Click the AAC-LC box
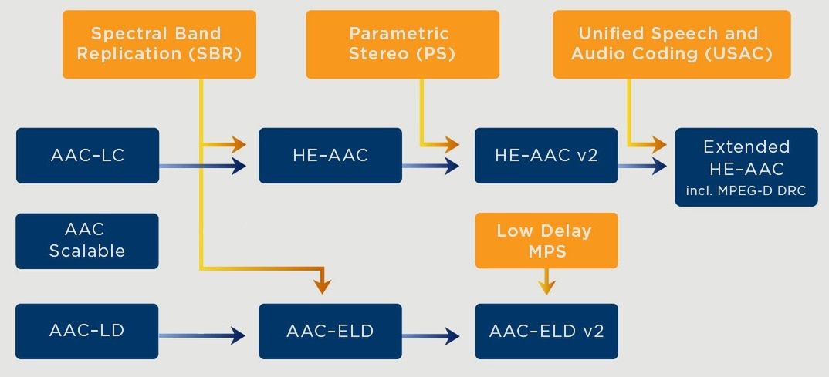click(87, 155)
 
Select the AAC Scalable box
click(87, 241)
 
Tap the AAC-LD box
click(87, 331)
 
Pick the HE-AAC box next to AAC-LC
click(330, 155)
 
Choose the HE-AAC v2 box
click(546, 155)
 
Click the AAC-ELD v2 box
click(546, 331)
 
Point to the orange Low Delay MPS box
click(546, 241)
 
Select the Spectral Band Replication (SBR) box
click(159, 45)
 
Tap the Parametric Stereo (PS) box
click(402, 45)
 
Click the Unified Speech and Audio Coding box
click(672, 45)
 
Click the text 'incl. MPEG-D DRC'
click(746, 190)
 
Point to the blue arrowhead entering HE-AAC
click(238, 167)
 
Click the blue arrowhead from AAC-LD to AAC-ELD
click(237, 335)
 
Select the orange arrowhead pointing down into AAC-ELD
click(322, 286)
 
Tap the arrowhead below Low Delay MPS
click(546, 287)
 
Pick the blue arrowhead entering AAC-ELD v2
click(452, 335)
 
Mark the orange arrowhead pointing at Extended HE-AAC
click(658, 143)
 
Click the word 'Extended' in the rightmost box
click(746, 146)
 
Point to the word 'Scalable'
click(87, 251)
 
